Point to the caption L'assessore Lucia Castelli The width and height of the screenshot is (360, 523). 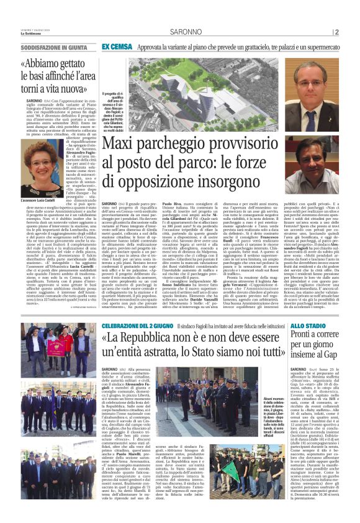(39, 201)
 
